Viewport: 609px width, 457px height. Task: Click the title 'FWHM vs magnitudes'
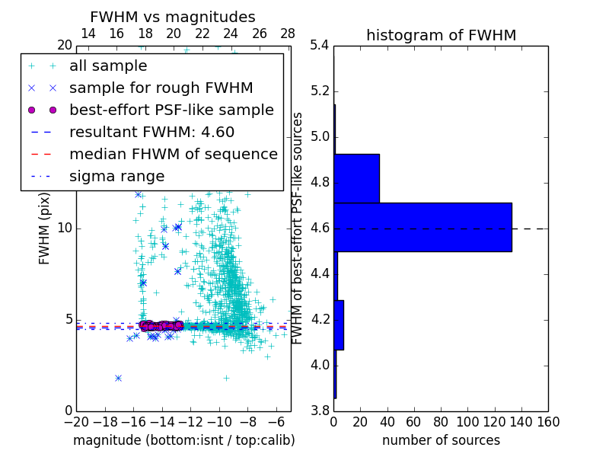point(172,17)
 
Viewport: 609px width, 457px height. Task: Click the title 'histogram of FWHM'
point(441,35)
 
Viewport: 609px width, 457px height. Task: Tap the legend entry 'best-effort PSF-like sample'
point(171,110)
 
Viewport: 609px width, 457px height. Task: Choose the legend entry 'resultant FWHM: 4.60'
point(151,133)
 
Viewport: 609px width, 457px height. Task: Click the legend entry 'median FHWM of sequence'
point(173,155)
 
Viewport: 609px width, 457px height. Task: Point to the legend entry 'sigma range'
point(116,177)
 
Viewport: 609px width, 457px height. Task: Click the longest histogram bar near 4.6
point(422,227)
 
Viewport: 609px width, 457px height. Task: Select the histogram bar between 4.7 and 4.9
point(356,178)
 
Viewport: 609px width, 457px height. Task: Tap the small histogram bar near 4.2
point(339,324)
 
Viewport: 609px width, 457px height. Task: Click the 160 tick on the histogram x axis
point(548,421)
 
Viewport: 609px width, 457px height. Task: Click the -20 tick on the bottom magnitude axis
point(76,421)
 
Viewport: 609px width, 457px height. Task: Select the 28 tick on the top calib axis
point(288,34)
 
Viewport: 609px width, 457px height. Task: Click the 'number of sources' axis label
point(441,440)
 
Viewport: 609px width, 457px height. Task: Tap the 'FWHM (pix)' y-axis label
point(45,228)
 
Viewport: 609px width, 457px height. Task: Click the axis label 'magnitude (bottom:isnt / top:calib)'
point(183,440)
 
